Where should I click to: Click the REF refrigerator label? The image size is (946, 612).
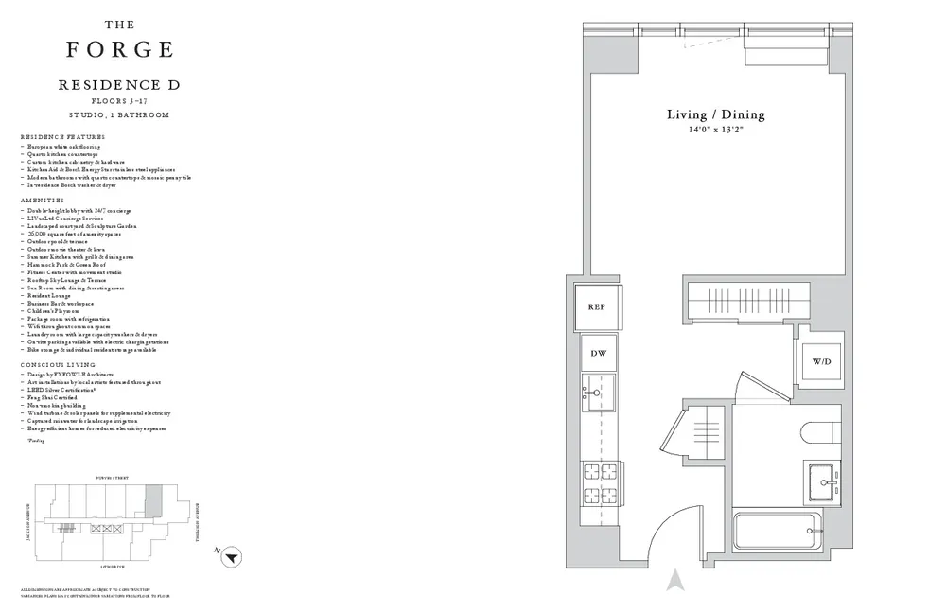click(596, 306)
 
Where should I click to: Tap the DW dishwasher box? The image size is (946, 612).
click(598, 353)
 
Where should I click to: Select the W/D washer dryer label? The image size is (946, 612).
click(821, 362)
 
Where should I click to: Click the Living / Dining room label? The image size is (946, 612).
click(716, 114)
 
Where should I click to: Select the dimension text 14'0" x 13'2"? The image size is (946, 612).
click(716, 131)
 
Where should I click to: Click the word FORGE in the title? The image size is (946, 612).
click(119, 48)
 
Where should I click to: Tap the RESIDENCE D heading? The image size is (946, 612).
click(119, 85)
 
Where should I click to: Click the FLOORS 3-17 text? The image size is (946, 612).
click(119, 99)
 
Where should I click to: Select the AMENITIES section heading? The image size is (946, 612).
click(43, 201)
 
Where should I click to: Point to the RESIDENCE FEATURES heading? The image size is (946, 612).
click(61, 137)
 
